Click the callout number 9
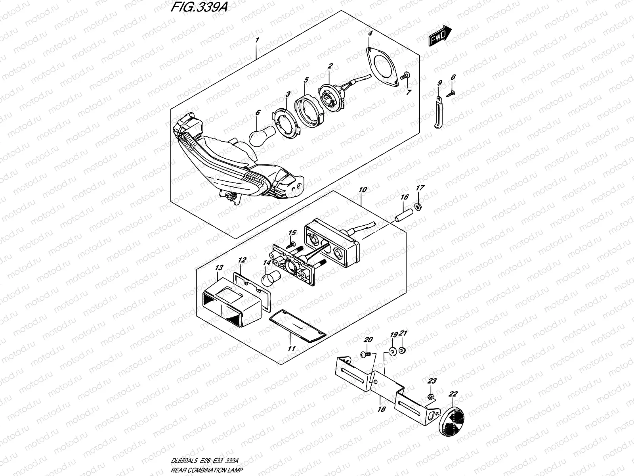click(x=439, y=83)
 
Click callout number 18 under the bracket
click(x=381, y=409)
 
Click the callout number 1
click(x=257, y=40)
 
